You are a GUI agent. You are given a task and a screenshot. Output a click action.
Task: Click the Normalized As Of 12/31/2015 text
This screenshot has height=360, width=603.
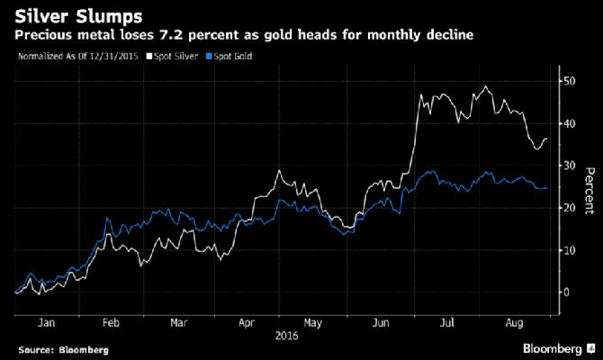point(67,56)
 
